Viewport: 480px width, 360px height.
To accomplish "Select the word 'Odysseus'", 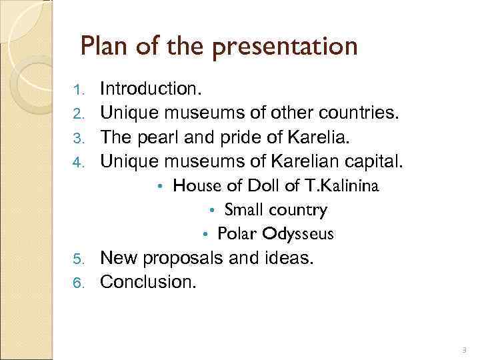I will (x=298, y=234).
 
